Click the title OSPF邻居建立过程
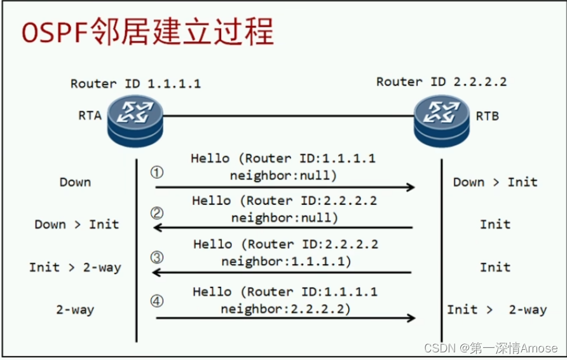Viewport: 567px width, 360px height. tap(147, 32)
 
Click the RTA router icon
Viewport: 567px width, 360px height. tap(135, 118)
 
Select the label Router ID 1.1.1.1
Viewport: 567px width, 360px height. tap(135, 83)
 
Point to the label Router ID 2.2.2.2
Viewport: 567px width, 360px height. tap(441, 81)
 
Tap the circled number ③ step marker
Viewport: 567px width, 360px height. tap(157, 257)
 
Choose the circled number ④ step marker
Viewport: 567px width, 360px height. tap(157, 301)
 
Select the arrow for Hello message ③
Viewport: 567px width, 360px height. tap(282, 273)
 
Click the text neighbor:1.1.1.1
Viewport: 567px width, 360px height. tap(285, 261)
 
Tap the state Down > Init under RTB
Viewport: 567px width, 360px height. tap(495, 182)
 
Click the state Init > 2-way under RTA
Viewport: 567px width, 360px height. tap(74, 267)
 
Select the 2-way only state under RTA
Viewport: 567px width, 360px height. tap(75, 310)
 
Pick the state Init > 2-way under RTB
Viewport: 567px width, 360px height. tap(496, 310)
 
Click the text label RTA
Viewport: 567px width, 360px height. tap(90, 116)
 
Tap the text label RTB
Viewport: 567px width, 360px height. tap(488, 116)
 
